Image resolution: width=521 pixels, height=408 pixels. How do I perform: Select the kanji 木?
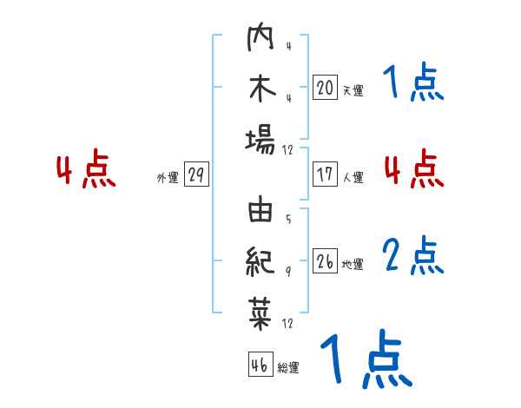tap(260, 91)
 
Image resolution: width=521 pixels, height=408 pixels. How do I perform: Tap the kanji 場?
tap(260, 138)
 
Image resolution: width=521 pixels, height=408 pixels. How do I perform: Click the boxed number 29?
tap(195, 175)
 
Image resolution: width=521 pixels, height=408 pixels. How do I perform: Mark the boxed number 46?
tap(260, 365)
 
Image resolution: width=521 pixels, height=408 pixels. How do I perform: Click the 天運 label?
tap(353, 90)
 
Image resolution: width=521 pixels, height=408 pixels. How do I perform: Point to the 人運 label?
tap(353, 177)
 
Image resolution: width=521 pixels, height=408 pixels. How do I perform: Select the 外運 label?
tap(168, 178)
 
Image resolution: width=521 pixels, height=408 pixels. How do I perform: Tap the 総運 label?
tap(288, 368)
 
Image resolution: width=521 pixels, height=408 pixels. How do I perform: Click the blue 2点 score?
tap(413, 254)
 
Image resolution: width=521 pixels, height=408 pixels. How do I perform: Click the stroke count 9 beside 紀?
tap(288, 271)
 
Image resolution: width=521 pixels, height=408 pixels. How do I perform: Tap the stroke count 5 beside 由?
tap(288, 219)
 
